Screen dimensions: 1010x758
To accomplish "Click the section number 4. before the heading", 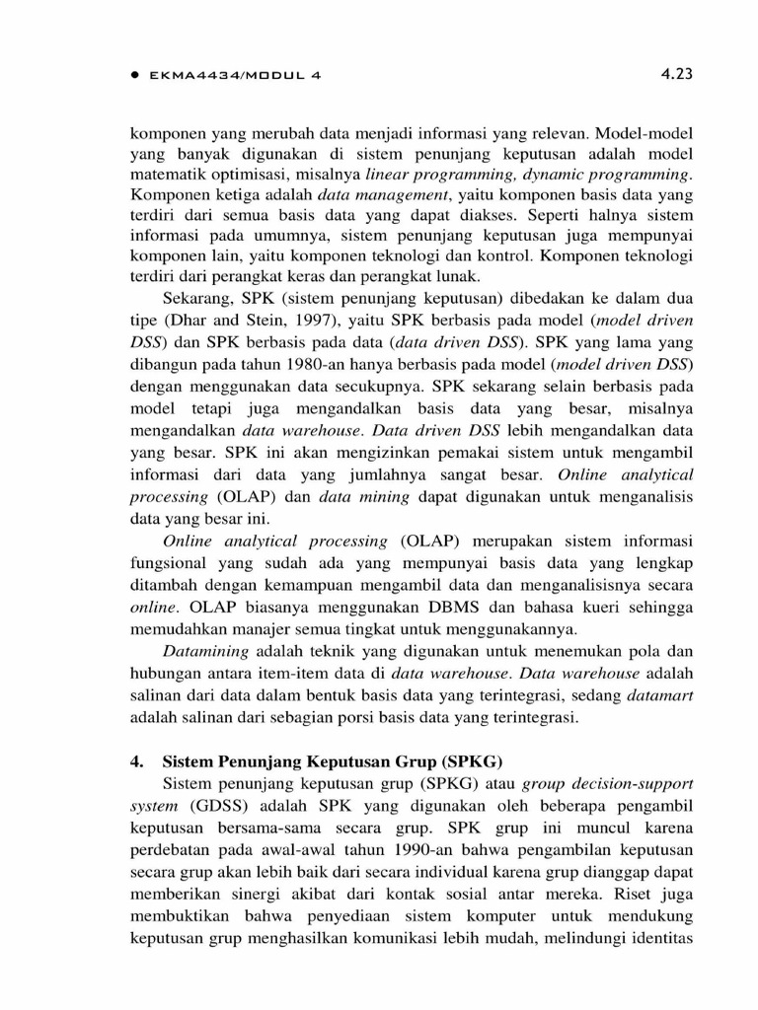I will tap(138, 760).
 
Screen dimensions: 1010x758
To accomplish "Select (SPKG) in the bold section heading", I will tap(473, 760).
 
